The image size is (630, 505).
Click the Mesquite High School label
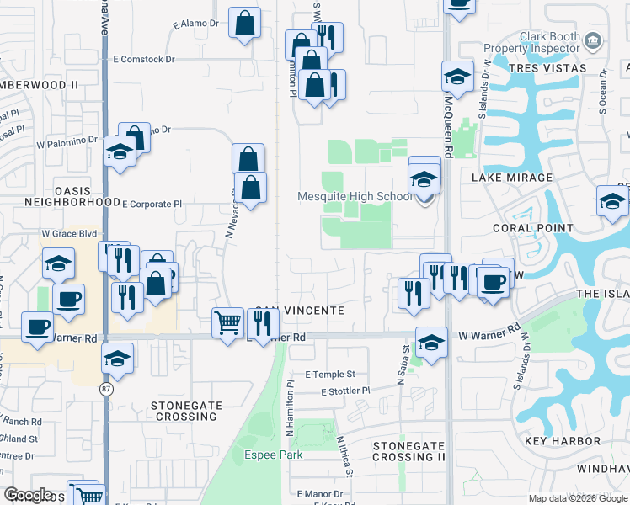[355, 197]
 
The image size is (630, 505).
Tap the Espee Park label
[275, 455]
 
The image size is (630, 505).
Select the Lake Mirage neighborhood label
[511, 178]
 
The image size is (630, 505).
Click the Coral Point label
[534, 228]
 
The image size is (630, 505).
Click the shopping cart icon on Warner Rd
[228, 322]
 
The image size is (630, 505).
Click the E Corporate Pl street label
[152, 204]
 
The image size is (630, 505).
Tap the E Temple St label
[331, 374]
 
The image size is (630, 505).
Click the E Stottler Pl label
[345, 391]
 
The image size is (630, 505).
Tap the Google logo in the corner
[29, 495]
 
